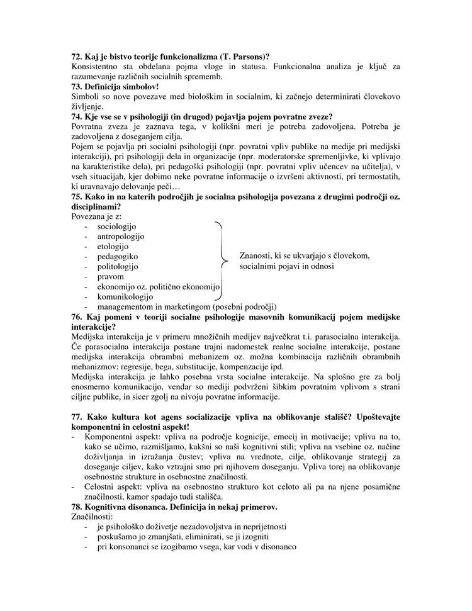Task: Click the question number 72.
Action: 77,57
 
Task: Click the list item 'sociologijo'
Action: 117,226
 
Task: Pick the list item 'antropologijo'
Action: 121,236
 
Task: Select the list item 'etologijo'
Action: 113,246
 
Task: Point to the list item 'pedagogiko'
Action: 118,256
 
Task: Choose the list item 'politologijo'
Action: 118,266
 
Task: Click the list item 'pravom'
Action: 111,276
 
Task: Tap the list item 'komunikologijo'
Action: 125,296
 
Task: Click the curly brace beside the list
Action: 222,261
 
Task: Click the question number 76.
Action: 77,317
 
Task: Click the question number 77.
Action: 77,417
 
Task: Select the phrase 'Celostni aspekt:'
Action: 114,487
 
